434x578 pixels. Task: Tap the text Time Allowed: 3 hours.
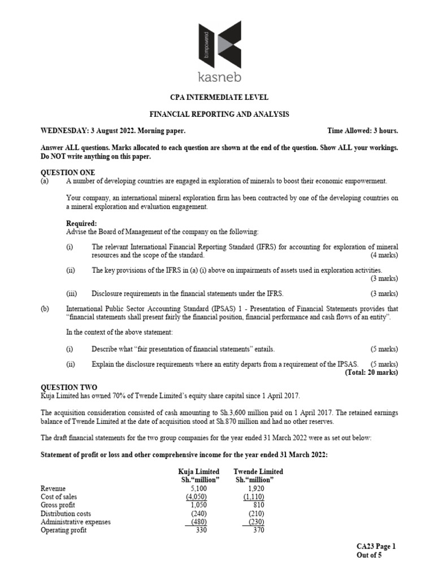362,131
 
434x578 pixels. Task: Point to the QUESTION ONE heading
68,172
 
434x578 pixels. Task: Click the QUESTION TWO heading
68,388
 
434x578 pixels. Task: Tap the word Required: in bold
81,224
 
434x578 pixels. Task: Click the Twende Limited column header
258,471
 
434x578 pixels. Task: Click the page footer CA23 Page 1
376,546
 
